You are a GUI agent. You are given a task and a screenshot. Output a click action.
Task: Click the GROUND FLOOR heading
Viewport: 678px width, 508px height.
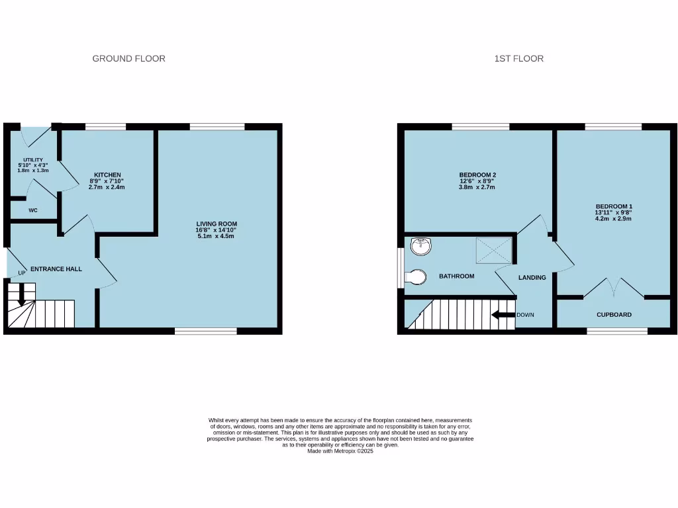point(128,59)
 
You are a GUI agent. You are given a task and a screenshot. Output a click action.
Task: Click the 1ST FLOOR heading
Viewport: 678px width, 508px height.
point(518,59)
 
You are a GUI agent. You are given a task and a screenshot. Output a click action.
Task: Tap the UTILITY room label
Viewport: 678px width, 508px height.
point(33,160)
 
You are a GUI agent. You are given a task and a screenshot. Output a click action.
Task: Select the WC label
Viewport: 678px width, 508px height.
point(32,210)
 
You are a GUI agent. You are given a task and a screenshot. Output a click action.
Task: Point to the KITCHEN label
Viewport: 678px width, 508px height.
point(107,175)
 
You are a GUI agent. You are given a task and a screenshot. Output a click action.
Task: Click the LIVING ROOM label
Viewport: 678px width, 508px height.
point(217,224)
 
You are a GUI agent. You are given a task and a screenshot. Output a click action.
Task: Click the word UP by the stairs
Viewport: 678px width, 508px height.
point(22,273)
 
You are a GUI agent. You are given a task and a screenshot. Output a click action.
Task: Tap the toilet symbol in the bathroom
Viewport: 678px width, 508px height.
point(417,277)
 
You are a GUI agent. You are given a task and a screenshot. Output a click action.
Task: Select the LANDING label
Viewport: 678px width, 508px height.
point(532,278)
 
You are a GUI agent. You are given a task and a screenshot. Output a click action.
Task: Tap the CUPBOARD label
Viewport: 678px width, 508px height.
point(614,315)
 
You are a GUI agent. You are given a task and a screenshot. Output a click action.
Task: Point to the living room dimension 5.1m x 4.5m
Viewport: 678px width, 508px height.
point(217,236)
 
